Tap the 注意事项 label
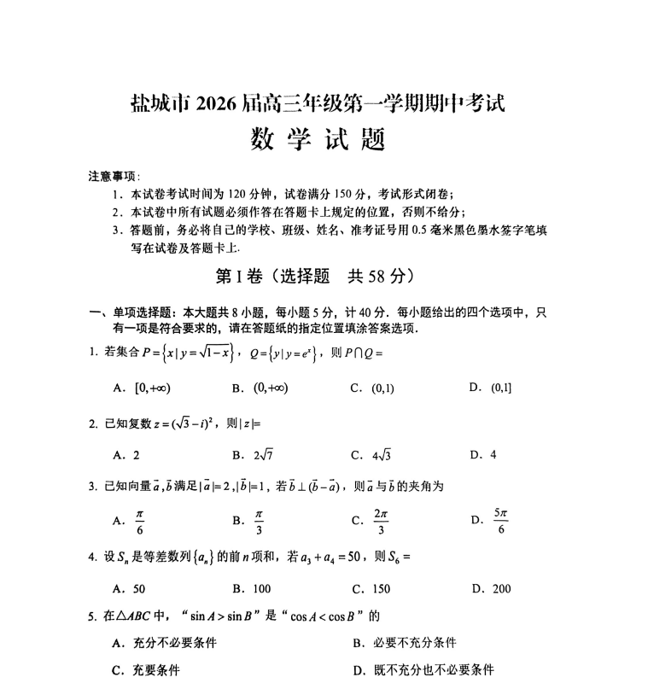point(113,177)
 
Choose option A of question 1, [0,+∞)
point(143,388)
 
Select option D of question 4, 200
point(491,588)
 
